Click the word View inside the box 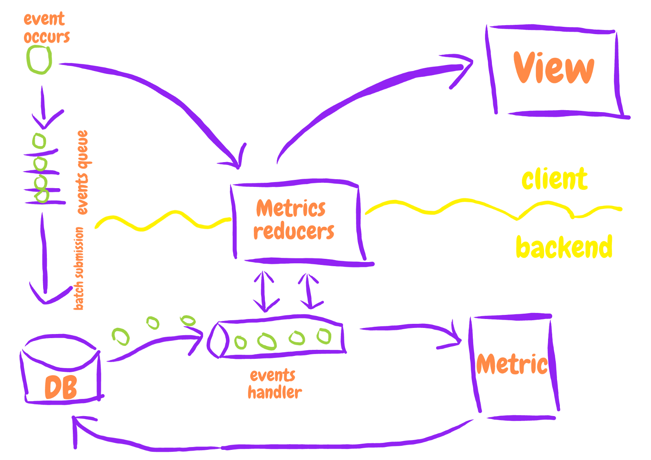[553, 68]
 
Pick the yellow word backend [564, 247]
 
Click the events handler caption [274, 384]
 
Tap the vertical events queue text [83, 172]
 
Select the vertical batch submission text [79, 269]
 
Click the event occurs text [46, 28]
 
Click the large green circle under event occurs [39, 60]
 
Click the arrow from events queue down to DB [44, 252]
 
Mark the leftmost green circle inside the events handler [240, 343]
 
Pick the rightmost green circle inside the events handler [324, 336]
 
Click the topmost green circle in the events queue [39, 141]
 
